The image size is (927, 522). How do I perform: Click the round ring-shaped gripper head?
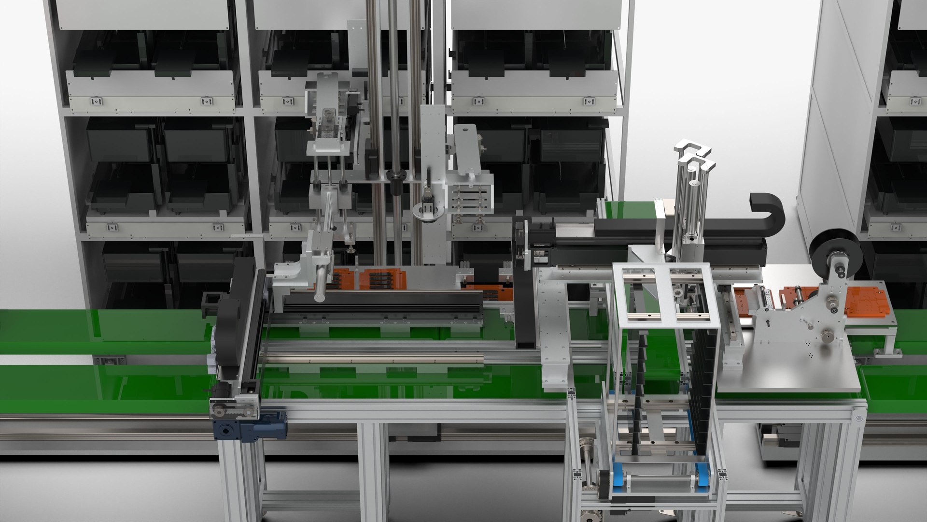coord(427,212)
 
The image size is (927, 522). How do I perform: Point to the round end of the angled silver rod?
coord(319,296)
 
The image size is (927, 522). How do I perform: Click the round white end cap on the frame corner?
coord(858,418)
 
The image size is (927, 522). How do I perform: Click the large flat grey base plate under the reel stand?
coord(792,372)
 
